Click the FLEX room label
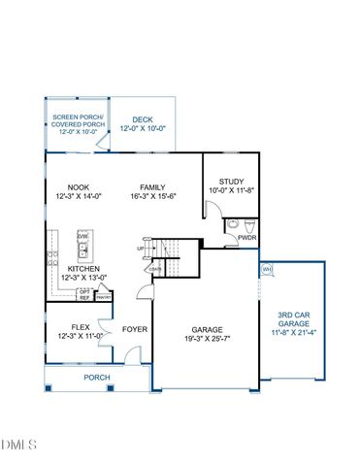[81, 327]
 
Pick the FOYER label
[134, 329]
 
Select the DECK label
[144, 119]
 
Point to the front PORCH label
[96, 378]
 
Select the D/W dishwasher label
[83, 236]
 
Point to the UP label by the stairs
[142, 248]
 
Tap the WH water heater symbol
[266, 269]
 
